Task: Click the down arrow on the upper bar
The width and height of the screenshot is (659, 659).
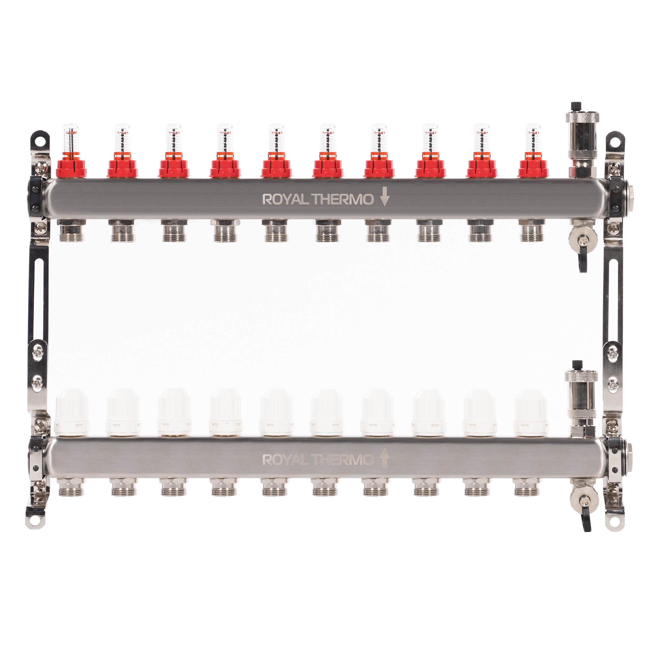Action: tap(385, 196)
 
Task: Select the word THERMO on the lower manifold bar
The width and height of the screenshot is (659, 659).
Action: tap(343, 460)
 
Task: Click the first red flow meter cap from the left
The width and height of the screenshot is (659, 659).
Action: tap(71, 166)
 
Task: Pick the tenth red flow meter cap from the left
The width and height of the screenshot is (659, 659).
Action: tap(533, 166)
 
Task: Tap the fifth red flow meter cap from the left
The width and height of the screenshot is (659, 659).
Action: tap(276, 166)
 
